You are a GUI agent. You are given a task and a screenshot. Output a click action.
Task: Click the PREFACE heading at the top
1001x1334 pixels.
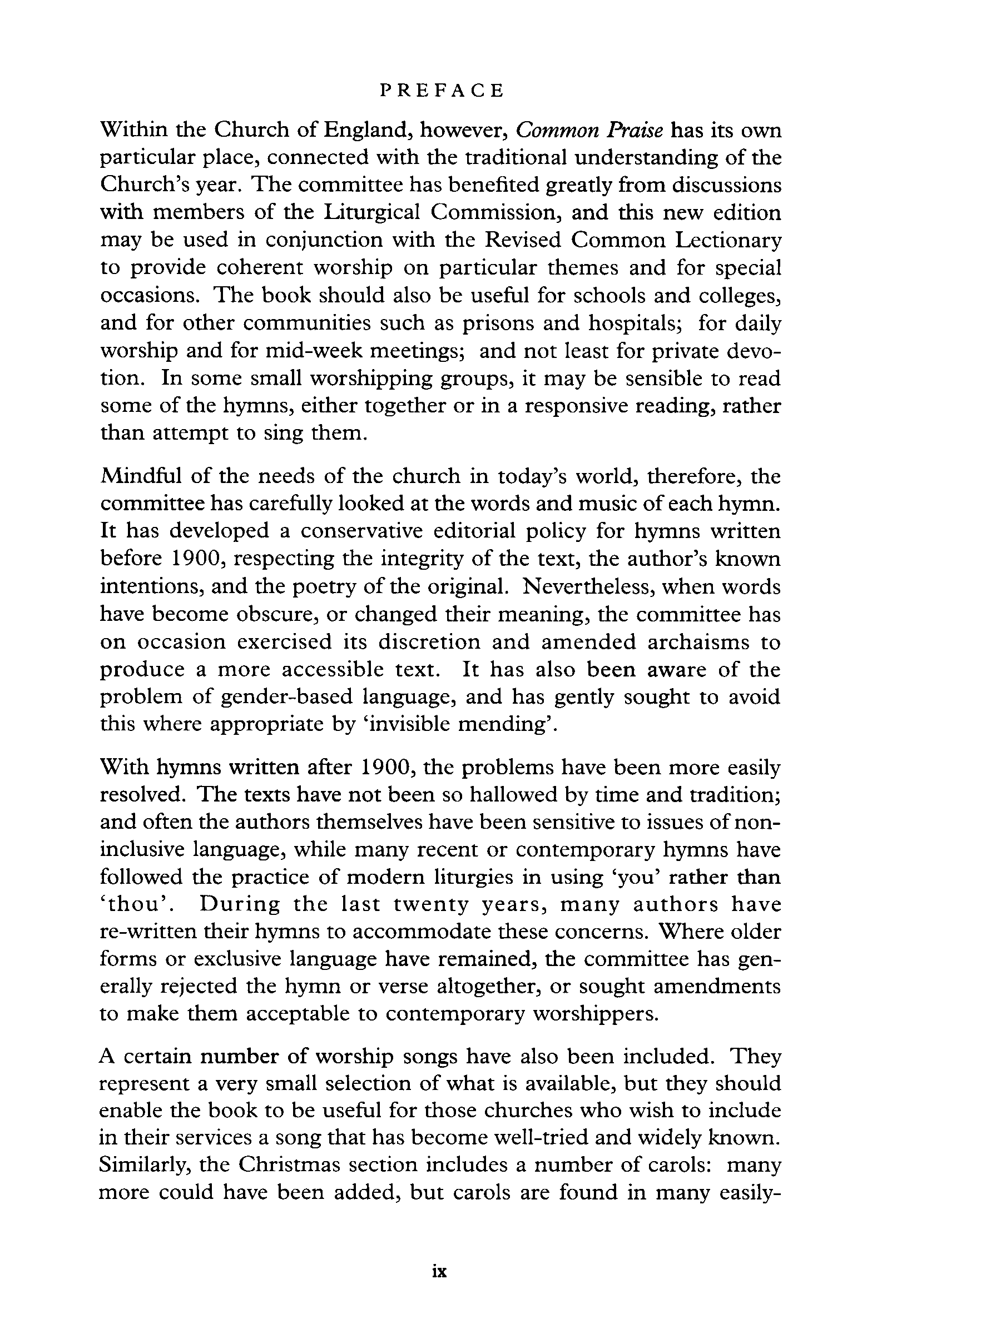click(x=442, y=91)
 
